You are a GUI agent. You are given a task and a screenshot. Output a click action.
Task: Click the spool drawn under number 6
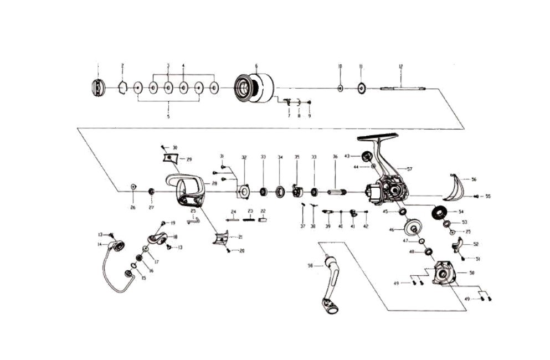(254, 88)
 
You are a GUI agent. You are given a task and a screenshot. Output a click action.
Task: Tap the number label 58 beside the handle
(311, 266)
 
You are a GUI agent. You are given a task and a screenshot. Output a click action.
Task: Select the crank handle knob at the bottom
(331, 306)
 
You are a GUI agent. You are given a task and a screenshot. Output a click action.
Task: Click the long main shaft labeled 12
(403, 88)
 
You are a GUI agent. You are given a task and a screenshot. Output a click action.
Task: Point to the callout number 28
(214, 183)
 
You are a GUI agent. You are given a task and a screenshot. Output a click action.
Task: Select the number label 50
(471, 273)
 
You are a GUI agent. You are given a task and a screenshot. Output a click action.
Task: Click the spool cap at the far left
(97, 88)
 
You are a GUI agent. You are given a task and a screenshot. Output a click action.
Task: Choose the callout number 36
(335, 157)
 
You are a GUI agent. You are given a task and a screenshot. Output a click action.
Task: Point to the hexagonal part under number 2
(123, 88)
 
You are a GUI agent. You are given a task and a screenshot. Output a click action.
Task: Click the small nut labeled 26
(133, 187)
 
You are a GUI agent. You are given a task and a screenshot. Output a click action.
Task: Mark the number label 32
(244, 157)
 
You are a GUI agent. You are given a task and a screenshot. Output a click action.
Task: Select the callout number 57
(409, 168)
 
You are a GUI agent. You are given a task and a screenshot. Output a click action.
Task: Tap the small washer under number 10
(340, 88)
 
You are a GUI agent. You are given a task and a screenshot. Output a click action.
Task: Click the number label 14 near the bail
(100, 244)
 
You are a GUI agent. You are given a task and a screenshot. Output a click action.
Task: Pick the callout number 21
(241, 236)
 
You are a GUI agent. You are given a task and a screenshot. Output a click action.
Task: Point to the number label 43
(347, 156)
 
